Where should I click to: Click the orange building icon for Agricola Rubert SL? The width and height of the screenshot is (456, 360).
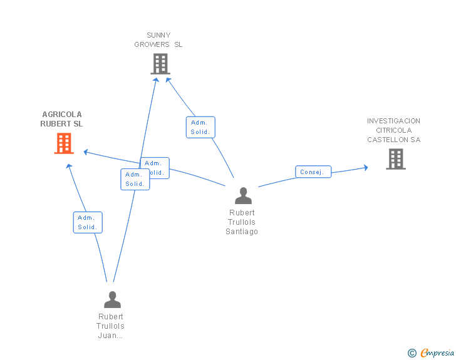pos(63,143)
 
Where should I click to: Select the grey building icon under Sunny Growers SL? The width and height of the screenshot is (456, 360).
pos(160,63)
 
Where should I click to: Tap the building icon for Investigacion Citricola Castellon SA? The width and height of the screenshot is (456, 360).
pos(395,158)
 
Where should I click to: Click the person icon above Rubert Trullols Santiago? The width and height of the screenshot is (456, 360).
pos(242,196)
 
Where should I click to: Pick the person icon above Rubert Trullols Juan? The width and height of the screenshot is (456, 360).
pos(112,299)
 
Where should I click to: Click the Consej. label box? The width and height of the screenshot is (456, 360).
pos(313,172)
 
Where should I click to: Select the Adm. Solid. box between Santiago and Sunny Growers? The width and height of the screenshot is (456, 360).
pos(200,127)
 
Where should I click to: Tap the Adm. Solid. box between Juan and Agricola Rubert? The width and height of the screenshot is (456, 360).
pos(87,222)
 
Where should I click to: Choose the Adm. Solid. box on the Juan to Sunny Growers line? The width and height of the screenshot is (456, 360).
pos(135,179)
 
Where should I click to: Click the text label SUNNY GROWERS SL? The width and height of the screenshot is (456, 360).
pos(158,40)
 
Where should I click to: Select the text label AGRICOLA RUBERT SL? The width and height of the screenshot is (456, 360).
pos(61,119)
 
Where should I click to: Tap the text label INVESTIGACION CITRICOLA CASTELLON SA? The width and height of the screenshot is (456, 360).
pos(393,130)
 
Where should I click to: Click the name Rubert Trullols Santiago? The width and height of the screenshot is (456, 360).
pos(242,222)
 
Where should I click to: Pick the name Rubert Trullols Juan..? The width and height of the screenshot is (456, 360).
pos(110,326)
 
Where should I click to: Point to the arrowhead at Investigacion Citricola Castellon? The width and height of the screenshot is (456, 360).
pos(365,167)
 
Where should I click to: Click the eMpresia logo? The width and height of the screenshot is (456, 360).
pos(437,353)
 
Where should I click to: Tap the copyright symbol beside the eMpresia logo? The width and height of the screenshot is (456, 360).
pos(412,353)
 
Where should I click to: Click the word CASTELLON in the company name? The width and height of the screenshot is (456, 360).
pos(393,140)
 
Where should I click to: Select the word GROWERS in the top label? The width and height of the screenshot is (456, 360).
pos(153,44)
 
